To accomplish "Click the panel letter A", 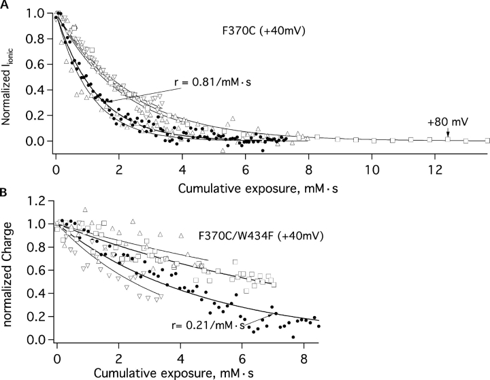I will (x=5, y=5).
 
